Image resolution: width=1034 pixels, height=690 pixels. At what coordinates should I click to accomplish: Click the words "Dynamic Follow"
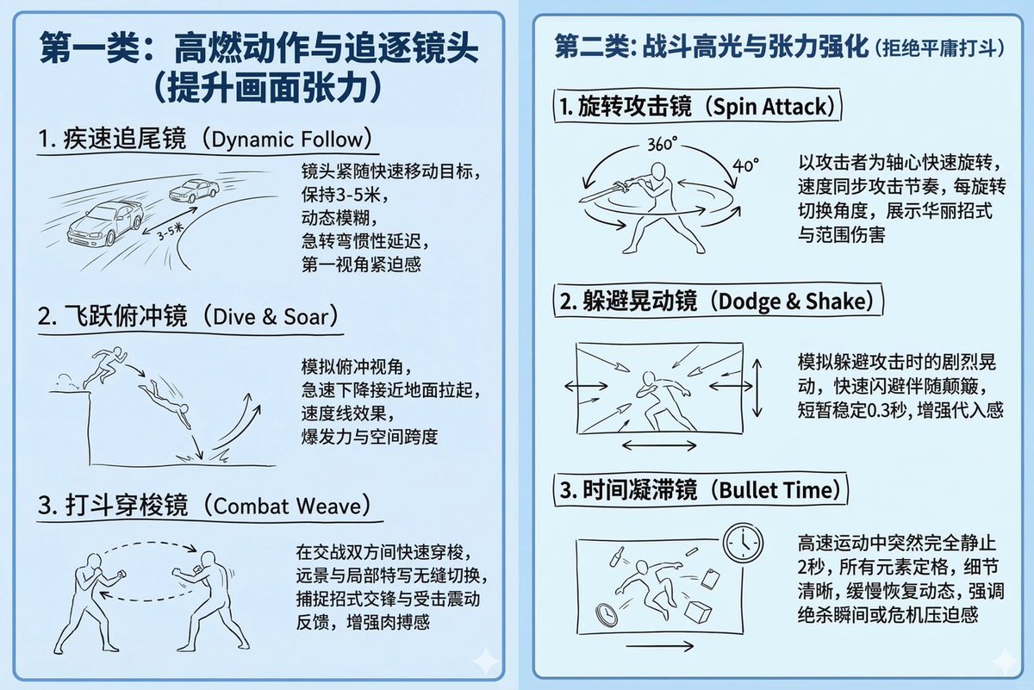click(x=287, y=140)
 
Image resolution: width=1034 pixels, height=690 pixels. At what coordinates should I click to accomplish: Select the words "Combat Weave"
click(x=287, y=507)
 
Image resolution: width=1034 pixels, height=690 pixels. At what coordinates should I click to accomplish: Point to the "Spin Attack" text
click(x=769, y=107)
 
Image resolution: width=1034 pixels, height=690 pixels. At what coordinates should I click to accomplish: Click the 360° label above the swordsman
click(x=663, y=144)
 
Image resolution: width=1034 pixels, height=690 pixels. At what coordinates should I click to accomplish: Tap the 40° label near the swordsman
click(x=746, y=165)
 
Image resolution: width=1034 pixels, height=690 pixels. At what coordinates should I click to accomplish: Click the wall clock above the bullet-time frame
click(x=743, y=543)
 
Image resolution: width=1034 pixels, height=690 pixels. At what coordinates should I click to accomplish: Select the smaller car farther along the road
click(x=195, y=190)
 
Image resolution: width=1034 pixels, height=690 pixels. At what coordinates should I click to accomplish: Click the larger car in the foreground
click(x=105, y=223)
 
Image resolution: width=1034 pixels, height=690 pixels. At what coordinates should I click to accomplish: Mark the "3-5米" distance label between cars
click(x=170, y=231)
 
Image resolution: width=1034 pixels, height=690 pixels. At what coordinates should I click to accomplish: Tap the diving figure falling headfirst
click(x=165, y=403)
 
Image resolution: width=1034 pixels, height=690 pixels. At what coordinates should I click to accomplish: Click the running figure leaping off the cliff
click(x=105, y=367)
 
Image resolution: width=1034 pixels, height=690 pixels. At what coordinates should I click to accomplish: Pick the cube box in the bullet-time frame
click(x=698, y=611)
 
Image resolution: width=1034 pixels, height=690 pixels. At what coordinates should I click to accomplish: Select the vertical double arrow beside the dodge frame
click(x=757, y=389)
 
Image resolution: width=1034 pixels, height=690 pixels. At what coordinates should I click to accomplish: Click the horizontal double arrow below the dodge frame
click(x=659, y=445)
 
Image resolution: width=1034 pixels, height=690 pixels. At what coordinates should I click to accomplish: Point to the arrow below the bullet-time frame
click(x=660, y=646)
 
